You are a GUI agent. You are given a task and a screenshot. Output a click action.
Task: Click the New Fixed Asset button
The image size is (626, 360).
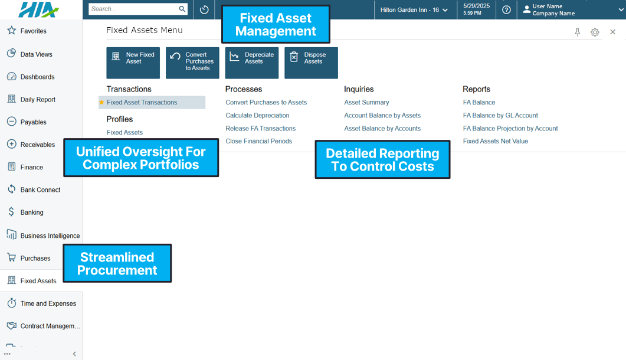[x=133, y=63]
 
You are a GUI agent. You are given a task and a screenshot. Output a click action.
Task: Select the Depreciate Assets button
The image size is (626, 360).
[x=251, y=63]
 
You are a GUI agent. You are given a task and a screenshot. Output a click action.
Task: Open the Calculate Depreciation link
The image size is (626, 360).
[x=257, y=116]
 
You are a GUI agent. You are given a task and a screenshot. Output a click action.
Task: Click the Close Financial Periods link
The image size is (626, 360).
[x=258, y=141]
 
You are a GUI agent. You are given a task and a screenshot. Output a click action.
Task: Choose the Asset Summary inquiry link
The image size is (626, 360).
[x=366, y=102]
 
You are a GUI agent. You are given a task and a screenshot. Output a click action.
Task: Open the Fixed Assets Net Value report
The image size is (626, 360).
[x=496, y=141]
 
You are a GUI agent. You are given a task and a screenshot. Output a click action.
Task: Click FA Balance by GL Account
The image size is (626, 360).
[x=500, y=116]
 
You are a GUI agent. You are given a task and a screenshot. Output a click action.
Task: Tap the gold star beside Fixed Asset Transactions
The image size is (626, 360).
[x=101, y=102]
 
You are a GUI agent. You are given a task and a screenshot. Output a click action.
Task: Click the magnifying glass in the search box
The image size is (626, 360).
[x=182, y=9]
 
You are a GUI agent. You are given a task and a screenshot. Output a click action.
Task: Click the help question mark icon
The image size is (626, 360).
[x=506, y=9]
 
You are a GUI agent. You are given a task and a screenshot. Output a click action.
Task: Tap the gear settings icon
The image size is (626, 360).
[x=595, y=32]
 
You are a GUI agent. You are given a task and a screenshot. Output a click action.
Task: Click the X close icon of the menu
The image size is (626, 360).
[x=613, y=32]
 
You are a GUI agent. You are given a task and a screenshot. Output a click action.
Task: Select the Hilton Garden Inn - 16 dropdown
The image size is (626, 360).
[x=414, y=9]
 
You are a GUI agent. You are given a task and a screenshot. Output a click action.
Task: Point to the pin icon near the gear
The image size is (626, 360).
[x=577, y=32]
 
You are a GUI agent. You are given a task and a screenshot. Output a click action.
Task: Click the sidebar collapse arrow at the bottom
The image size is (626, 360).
[x=74, y=354]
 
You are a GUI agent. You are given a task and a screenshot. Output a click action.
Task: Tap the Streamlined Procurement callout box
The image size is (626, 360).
[x=117, y=263]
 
